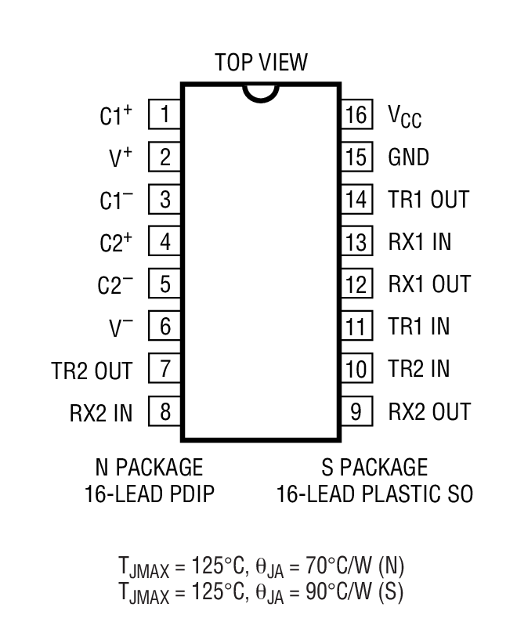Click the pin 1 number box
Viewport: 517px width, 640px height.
click(164, 115)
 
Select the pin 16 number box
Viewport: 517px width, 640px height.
click(356, 115)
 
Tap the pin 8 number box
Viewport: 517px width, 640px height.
click(164, 411)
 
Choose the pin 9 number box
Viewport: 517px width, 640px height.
click(356, 411)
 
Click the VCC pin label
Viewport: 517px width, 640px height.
click(404, 117)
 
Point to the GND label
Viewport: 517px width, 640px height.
click(409, 157)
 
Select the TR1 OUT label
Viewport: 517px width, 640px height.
click(428, 200)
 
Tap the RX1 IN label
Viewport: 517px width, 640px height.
click(420, 242)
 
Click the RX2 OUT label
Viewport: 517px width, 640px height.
click(429, 411)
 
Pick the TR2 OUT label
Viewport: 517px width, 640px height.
click(93, 370)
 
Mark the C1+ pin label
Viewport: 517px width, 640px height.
click(116, 117)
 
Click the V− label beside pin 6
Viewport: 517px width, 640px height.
click(121, 327)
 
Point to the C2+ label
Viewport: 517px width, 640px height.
click(116, 243)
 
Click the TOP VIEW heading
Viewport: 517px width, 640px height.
click(261, 62)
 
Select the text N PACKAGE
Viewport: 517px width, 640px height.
click(149, 468)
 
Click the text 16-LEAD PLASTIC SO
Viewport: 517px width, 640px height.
click(374, 494)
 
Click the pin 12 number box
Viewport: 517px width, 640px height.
click(356, 284)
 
